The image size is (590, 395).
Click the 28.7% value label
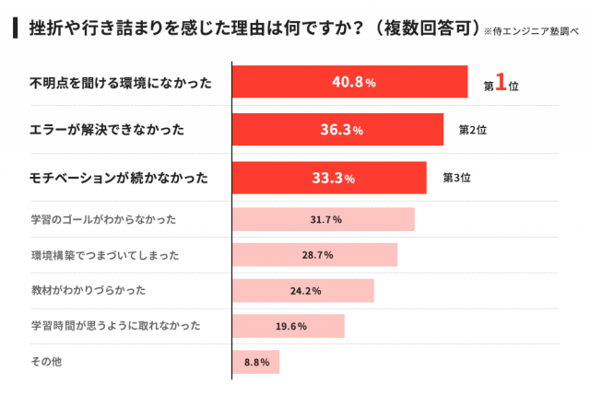click(316, 255)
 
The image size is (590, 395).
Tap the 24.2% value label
click(305, 291)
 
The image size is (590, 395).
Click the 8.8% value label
click(256, 362)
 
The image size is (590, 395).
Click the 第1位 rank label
click(501, 84)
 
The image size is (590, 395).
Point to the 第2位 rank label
click(473, 130)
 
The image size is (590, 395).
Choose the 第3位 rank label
click(457, 178)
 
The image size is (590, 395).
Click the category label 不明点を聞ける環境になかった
click(122, 83)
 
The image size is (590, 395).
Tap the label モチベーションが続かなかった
click(120, 178)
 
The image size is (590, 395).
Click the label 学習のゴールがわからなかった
click(103, 219)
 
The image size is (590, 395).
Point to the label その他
click(46, 362)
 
